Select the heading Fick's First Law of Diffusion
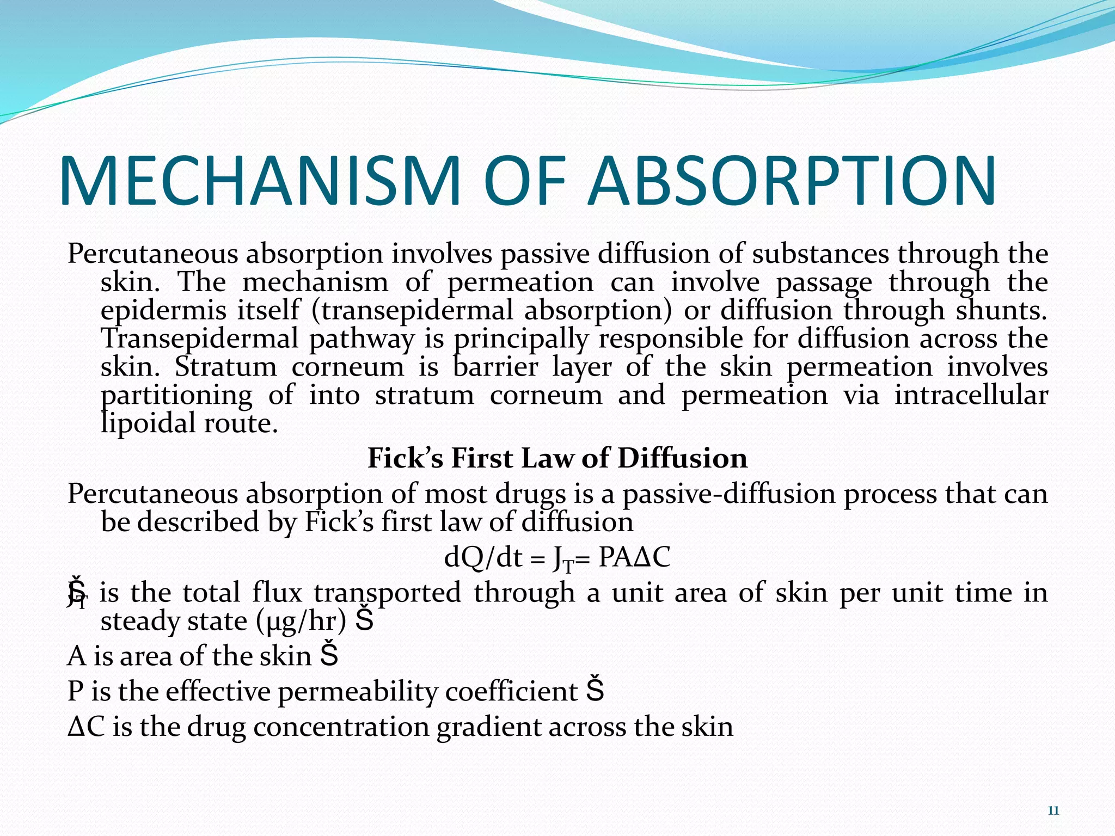(x=557, y=458)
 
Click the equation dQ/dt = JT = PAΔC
(x=557, y=558)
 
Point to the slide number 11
(x=1053, y=811)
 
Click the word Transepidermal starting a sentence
(x=200, y=339)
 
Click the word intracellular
(x=971, y=395)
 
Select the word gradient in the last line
(x=488, y=728)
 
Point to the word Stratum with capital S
(x=226, y=366)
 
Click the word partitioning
(x=177, y=396)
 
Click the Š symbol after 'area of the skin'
(x=329, y=655)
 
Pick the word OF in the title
(x=523, y=181)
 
